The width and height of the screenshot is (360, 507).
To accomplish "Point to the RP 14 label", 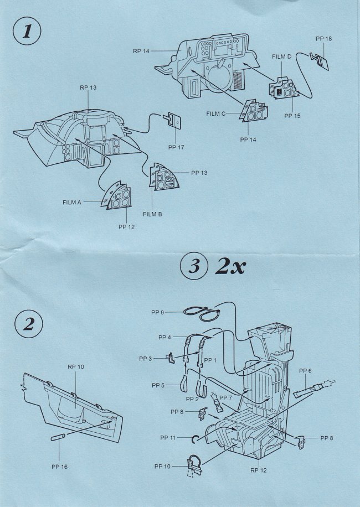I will tap(142, 51).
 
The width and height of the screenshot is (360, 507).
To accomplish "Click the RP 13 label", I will tap(89, 87).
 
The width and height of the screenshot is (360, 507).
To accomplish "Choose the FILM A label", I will tap(72, 203).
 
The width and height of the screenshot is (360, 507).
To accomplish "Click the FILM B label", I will tap(152, 214).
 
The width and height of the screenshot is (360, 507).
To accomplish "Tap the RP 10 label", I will tap(76, 366).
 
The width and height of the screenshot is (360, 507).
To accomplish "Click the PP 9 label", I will tap(158, 313).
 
